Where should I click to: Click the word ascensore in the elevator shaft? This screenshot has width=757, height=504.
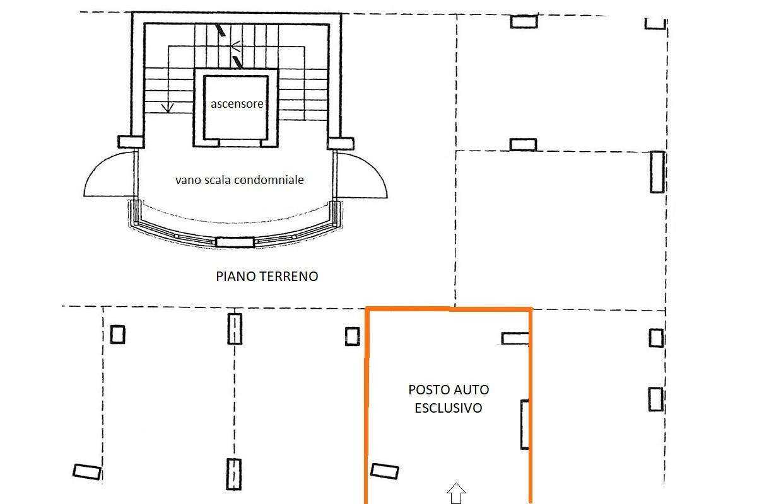237,104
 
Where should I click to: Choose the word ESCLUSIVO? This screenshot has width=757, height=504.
449,408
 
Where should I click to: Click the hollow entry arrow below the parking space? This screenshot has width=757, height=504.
456,493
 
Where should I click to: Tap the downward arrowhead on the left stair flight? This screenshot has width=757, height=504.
168,108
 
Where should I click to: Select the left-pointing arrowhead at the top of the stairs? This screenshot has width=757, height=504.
235,46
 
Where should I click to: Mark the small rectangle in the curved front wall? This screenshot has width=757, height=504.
235,243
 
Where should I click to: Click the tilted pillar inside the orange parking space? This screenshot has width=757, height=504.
385,471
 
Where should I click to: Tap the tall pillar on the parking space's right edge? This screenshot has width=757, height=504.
524,425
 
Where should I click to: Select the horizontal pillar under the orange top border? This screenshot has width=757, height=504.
515,338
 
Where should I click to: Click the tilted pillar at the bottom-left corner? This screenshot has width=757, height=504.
87,472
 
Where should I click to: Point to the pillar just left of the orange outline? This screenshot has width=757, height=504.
353,336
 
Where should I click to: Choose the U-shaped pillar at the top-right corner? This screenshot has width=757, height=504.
655,24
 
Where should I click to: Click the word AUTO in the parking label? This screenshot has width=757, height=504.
471,390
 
